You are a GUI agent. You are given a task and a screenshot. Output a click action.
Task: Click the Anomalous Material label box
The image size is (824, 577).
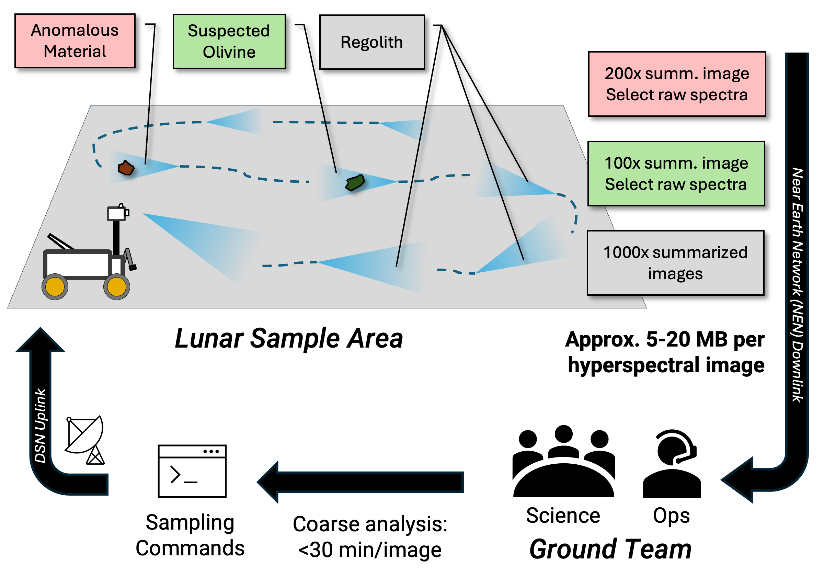75,41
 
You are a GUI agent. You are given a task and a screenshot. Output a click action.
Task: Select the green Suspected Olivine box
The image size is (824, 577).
229,41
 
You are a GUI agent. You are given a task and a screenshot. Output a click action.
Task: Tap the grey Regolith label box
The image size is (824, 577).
372,42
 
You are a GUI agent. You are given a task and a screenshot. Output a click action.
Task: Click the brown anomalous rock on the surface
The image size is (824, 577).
126,168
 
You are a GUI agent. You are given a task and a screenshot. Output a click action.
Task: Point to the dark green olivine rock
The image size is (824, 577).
355,182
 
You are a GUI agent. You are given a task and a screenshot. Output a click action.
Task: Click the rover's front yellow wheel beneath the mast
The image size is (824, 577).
117,287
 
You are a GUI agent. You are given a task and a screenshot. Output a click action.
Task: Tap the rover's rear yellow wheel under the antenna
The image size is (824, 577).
55,287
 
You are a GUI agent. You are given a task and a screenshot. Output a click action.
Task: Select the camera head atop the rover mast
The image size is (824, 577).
117,213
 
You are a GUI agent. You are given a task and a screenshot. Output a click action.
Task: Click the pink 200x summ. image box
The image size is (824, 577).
676,84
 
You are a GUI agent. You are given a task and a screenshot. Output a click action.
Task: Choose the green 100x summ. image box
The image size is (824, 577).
676,173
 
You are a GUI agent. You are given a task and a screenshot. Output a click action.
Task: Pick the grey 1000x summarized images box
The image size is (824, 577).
675,263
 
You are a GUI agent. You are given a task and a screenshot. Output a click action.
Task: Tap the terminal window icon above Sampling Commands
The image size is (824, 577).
192,471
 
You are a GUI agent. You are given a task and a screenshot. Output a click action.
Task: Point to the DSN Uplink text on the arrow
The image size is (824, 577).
40,425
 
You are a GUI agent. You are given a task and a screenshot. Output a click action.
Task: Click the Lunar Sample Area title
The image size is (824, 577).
288,338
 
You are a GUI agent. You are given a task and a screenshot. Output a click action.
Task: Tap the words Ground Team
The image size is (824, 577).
610,549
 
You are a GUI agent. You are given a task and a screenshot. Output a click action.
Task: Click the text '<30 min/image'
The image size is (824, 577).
370,550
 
